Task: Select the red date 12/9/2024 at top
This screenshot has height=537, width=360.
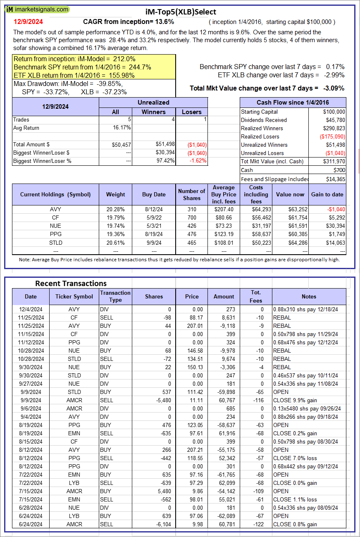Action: click(28, 21)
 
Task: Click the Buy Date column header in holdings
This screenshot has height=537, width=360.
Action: click(154, 194)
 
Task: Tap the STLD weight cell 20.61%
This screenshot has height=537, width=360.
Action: click(115, 243)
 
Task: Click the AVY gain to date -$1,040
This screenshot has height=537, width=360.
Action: click(335, 210)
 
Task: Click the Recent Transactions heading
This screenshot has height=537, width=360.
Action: click(71, 283)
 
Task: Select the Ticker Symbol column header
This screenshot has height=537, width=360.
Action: click(74, 296)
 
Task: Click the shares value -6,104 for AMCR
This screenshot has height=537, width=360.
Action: click(154, 524)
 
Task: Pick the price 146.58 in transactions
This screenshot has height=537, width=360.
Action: click(192, 351)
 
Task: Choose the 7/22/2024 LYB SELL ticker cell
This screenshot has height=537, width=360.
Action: click(74, 483)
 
